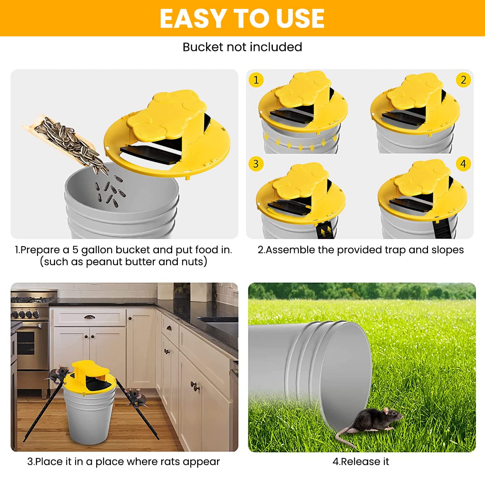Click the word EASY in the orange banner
(192, 18)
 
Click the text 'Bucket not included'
(242, 47)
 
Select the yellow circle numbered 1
(256, 80)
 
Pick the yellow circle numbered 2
(463, 80)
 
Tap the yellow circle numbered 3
(256, 164)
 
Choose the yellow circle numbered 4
(463, 164)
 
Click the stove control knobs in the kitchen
(25, 314)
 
